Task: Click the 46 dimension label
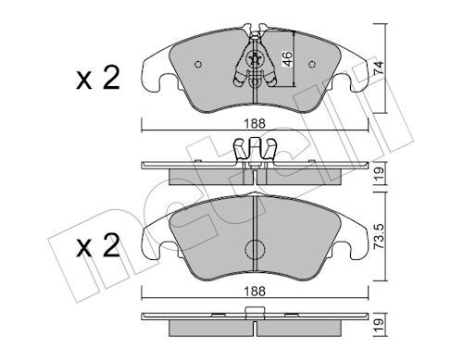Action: click(287, 59)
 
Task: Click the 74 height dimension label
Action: click(379, 68)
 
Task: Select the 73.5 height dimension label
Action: click(379, 236)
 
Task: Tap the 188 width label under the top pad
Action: click(255, 124)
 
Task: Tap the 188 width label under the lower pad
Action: click(255, 292)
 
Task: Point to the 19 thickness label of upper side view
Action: click(379, 173)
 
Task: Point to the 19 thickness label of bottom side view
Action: click(379, 325)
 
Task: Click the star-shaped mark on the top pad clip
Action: click(255, 58)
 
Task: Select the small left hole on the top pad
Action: click(198, 64)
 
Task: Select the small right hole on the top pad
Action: click(312, 64)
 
